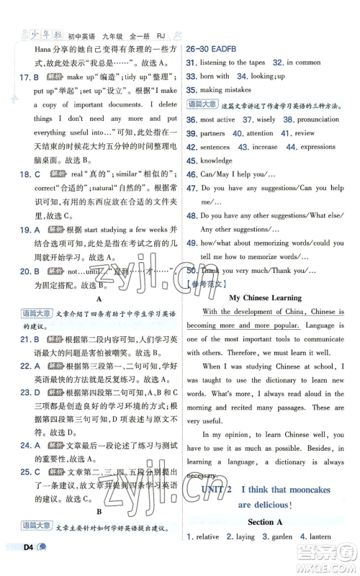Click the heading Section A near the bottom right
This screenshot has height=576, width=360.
265,522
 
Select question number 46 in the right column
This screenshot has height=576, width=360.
191,174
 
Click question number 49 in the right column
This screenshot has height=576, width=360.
192,243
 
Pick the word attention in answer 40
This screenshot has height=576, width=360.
259,133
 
